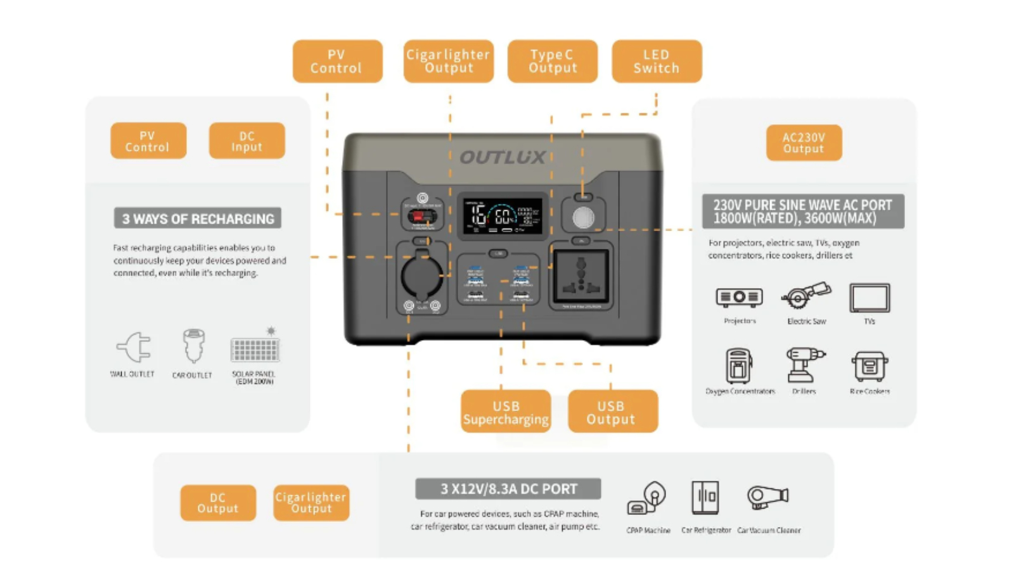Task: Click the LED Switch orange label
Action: click(x=657, y=61)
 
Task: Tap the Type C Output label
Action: click(x=552, y=61)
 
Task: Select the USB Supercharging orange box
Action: click(x=506, y=412)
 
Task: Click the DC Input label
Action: click(x=247, y=141)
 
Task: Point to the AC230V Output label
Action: click(x=804, y=142)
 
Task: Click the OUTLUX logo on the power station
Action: click(x=502, y=157)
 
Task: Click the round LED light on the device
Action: click(x=583, y=218)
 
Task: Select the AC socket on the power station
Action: click(x=581, y=276)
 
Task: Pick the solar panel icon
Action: click(x=255, y=348)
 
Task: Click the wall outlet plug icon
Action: click(x=134, y=347)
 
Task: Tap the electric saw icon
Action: click(x=805, y=296)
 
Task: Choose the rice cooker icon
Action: click(x=870, y=366)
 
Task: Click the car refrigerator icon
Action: click(x=705, y=498)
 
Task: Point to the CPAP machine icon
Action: click(x=647, y=498)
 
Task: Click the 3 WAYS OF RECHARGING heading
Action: click(x=198, y=218)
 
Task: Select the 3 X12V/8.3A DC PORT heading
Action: click(x=508, y=489)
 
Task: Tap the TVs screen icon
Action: click(x=870, y=298)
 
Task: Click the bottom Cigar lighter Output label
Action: click(x=311, y=503)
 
